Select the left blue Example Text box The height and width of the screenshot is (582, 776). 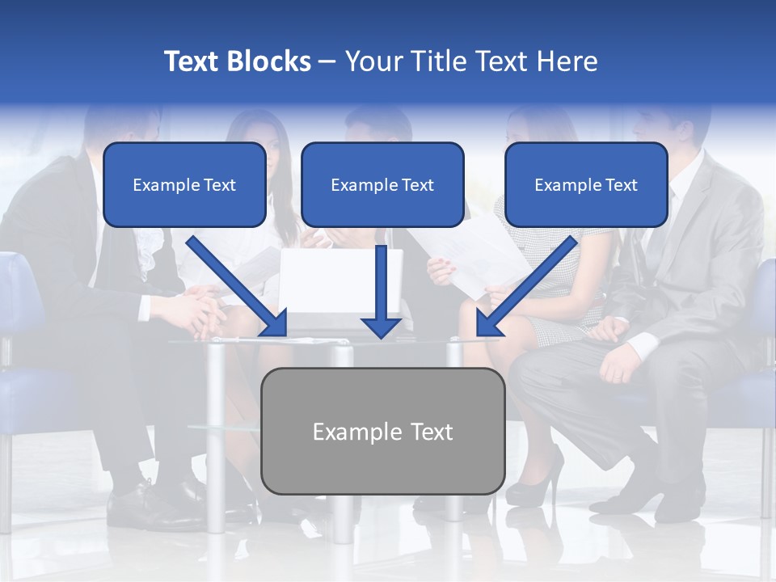point(184,185)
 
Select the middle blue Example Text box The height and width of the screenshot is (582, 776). point(382,185)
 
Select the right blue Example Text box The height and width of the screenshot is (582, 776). point(586,185)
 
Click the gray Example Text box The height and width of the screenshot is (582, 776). point(382,431)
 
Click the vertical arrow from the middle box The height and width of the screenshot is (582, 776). point(381,291)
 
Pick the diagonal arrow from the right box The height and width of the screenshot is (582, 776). point(527,286)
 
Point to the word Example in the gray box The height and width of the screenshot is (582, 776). point(349,432)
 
